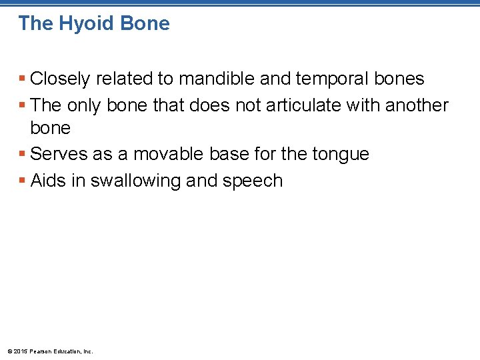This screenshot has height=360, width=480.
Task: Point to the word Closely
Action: [60, 79]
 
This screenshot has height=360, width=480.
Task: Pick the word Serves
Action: [57, 154]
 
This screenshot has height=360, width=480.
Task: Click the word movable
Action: [171, 154]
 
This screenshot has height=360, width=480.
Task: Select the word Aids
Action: [48, 181]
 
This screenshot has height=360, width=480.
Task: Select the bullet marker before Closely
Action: [23, 79]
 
